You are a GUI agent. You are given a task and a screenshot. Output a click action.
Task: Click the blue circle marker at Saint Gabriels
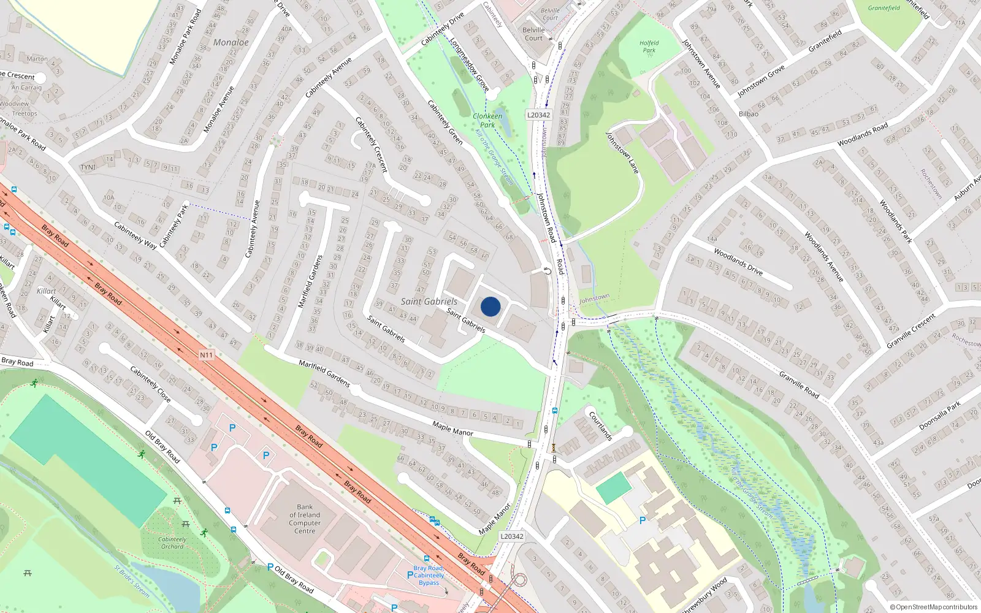coord(490,306)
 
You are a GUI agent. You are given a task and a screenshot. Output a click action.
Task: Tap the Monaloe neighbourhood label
coord(231,42)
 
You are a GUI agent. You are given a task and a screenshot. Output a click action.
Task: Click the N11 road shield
coord(206,355)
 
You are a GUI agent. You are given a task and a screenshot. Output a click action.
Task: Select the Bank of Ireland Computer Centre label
coord(305,519)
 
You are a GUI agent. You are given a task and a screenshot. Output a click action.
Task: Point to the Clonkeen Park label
coord(487,120)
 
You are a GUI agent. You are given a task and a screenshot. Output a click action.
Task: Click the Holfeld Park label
coord(649,47)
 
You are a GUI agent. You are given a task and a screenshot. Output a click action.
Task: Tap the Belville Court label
coord(533,34)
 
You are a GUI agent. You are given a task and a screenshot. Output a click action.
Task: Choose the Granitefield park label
coord(884,8)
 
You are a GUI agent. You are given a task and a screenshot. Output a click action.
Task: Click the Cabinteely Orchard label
coord(172,543)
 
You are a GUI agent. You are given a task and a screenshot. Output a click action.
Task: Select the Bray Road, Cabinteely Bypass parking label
coord(429,575)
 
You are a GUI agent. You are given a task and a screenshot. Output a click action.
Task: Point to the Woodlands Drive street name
coord(738,262)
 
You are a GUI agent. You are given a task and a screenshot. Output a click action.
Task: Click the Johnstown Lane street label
coord(622,153)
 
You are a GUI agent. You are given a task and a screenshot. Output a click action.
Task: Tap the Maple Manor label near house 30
coord(452,428)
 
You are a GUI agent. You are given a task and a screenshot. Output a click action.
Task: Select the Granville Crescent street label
coord(911,331)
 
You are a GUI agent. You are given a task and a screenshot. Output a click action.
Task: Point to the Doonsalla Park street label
coord(940,416)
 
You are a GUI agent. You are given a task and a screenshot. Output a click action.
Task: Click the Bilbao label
coord(749,114)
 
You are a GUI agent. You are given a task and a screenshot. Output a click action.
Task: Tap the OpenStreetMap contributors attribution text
coord(933,607)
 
